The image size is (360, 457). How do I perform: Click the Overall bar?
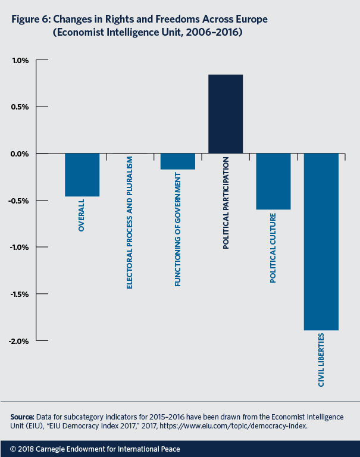point(82,174)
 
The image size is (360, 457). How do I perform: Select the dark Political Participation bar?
point(226,114)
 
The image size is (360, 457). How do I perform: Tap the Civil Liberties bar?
point(321,241)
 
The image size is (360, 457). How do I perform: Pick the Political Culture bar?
point(273,181)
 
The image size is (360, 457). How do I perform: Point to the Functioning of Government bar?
point(177,161)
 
